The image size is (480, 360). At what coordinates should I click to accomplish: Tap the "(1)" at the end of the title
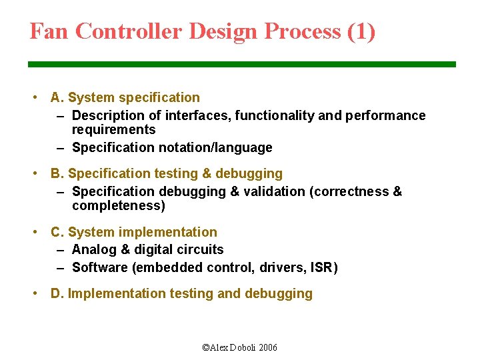(361, 31)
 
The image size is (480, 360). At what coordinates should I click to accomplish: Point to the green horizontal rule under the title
(241, 64)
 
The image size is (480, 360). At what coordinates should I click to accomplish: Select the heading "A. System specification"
(125, 98)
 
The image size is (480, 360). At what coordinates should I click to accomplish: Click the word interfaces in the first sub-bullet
(197, 116)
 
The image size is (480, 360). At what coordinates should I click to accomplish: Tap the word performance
(385, 116)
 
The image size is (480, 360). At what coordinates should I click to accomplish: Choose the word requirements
(113, 130)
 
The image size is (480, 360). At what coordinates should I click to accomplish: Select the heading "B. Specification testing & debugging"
(166, 174)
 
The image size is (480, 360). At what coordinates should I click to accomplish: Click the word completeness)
(118, 206)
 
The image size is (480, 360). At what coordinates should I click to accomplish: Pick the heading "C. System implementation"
(133, 233)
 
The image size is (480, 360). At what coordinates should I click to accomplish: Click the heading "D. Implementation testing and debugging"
(181, 294)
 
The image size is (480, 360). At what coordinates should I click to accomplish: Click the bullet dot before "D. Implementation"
(35, 294)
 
